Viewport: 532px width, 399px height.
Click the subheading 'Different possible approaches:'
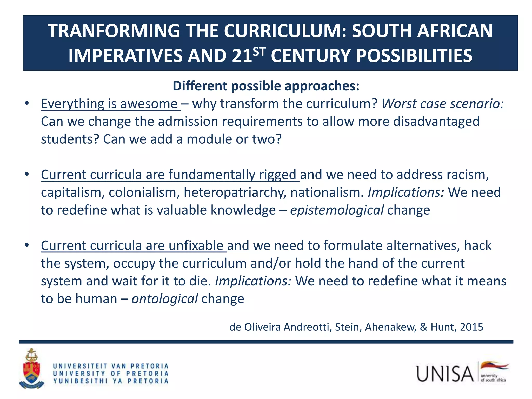click(x=266, y=86)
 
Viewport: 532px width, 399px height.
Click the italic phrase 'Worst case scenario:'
click(x=443, y=104)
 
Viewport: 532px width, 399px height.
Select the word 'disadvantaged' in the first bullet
click(x=436, y=122)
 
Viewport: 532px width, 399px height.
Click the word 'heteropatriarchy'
click(x=235, y=192)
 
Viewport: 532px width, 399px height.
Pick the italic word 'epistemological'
click(x=337, y=210)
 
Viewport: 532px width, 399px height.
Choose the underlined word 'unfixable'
click(x=196, y=245)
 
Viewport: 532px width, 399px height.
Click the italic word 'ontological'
click(x=165, y=299)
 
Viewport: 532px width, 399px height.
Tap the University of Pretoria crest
click(x=31, y=369)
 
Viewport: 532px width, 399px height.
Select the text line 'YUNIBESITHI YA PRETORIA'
click(x=111, y=381)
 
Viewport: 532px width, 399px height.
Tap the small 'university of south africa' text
click(x=493, y=378)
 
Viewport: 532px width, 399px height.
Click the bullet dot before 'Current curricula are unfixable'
click(x=27, y=245)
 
